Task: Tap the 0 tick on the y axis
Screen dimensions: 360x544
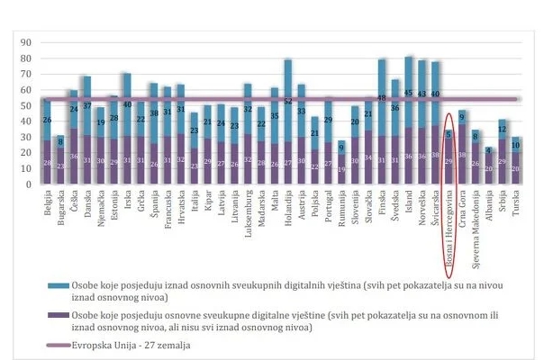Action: (x=28, y=184)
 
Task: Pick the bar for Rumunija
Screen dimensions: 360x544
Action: (x=340, y=162)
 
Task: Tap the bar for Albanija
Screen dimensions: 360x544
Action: (x=489, y=166)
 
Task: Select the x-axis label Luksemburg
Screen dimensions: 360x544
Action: (x=248, y=215)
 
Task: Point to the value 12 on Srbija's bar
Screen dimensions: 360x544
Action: (x=503, y=129)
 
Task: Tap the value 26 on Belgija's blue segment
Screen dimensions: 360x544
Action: (x=46, y=120)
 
